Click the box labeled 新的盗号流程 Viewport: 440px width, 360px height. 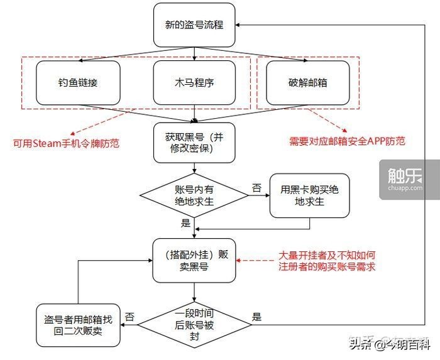pyautogui.click(x=194, y=25)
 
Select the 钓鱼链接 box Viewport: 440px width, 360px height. pyautogui.click(x=77, y=83)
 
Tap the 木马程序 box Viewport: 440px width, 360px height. pyautogui.click(x=194, y=83)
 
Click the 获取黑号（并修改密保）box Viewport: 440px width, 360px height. pyautogui.click(x=194, y=143)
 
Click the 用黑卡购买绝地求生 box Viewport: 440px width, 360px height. pyautogui.click(x=309, y=195)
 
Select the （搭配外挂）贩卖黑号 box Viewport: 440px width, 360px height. pyautogui.click(x=195, y=261)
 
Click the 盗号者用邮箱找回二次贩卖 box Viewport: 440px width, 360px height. pyautogui.click(x=78, y=323)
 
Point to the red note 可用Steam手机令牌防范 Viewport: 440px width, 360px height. pyautogui.click(x=67, y=144)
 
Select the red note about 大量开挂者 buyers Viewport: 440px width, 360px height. pyautogui.click(x=327, y=261)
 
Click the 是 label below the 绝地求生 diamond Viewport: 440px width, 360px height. pyautogui.click(x=185, y=222)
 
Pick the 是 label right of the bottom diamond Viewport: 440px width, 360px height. pyautogui.click(x=256, y=316)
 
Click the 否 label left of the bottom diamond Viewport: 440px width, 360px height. pyautogui.click(x=129, y=316)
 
